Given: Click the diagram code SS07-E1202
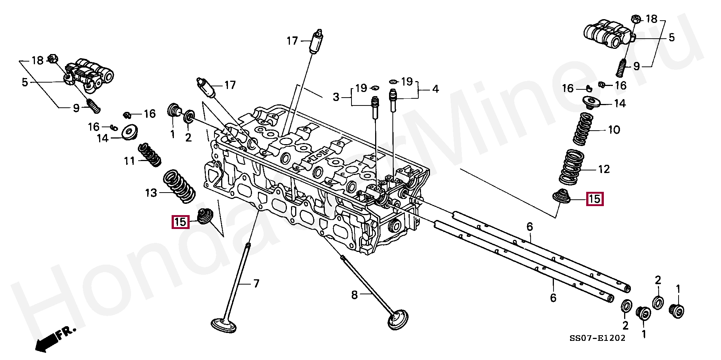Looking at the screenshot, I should point(597,338).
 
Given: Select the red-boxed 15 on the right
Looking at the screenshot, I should point(594,199).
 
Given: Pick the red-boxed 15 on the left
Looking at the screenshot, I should point(180,222).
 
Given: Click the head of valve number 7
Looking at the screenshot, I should point(224,325).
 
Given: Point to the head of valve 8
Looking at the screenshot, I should point(398,320).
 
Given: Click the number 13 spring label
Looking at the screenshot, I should point(151,193).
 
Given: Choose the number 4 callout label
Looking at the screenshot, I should point(435,89).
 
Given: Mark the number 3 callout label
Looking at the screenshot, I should point(336,97).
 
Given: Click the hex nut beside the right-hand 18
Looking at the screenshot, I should point(636,18).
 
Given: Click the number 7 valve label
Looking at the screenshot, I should point(256,283).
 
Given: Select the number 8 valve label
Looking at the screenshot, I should point(354,295).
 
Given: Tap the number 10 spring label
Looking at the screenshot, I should point(614,130).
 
